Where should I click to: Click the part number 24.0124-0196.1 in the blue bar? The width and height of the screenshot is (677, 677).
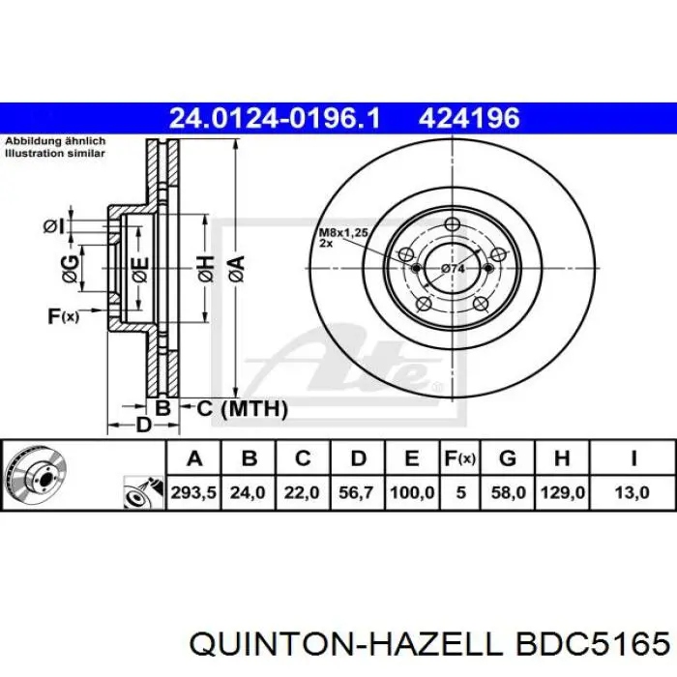coord(275,118)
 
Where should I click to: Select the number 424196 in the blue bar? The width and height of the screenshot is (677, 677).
coord(469,118)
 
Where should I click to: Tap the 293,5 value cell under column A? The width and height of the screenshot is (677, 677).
coord(193,492)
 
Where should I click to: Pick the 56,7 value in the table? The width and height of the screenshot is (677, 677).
coord(356,492)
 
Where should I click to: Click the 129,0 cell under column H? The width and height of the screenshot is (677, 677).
coord(563,492)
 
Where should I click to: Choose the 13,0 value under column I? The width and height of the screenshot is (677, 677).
coord(633,492)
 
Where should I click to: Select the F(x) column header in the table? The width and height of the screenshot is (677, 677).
coord(460,458)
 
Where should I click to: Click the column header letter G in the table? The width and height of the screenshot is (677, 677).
coord(508,458)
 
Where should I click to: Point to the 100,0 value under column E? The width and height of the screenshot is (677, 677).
coord(412,492)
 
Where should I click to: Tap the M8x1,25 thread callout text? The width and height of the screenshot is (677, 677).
coord(343,233)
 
